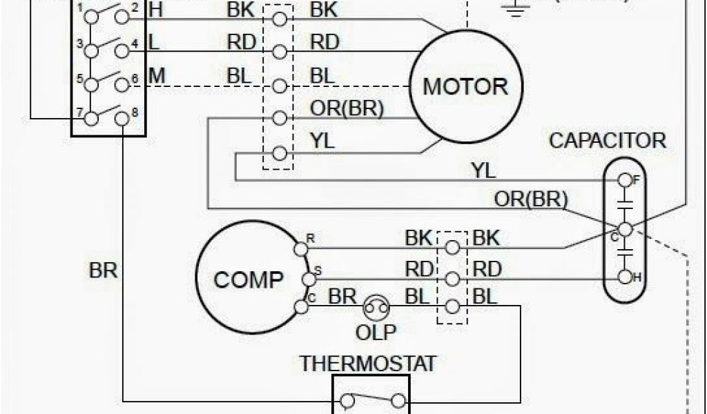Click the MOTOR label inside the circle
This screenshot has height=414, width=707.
(x=465, y=87)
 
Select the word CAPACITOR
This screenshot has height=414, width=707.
(x=608, y=141)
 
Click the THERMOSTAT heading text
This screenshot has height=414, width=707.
(x=367, y=363)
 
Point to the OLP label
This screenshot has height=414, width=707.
(x=376, y=332)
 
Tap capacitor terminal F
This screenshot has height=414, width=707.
(x=625, y=181)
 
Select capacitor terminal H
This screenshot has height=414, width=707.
(x=625, y=277)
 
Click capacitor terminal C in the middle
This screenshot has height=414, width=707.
(x=625, y=229)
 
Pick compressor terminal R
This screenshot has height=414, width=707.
(x=301, y=247)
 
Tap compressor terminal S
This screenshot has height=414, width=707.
(x=308, y=278)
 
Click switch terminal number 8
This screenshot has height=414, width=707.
(x=122, y=118)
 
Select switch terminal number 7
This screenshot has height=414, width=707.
(x=90, y=118)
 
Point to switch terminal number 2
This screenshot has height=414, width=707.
(x=122, y=17)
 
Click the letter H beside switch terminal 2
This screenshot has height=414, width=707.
(x=155, y=10)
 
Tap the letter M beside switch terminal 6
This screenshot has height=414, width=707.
(x=157, y=75)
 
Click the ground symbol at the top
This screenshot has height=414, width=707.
(x=513, y=8)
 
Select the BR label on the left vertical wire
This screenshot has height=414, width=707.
(x=104, y=270)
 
